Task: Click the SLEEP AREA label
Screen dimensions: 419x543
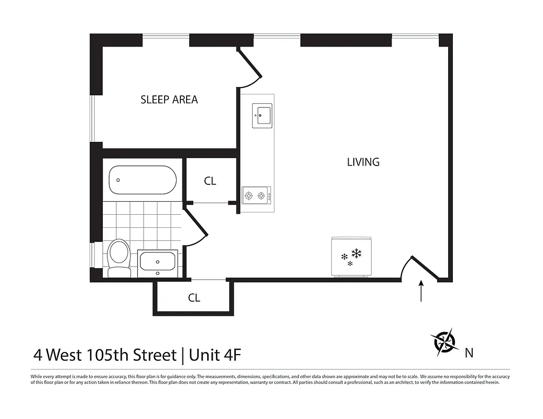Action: [169, 100]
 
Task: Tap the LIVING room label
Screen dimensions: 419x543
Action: [363, 162]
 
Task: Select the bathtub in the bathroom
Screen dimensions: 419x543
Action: [142, 180]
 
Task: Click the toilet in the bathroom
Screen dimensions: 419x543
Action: [118, 257]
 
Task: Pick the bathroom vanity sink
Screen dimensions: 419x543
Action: [157, 263]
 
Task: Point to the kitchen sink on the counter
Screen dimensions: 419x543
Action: [262, 115]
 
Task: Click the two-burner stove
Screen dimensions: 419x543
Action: [256, 196]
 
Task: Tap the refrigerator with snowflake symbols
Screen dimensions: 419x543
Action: [351, 256]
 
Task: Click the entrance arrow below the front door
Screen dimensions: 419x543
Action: [421, 291]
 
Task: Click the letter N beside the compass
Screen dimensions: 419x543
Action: [469, 353]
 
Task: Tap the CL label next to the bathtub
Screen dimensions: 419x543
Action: [210, 181]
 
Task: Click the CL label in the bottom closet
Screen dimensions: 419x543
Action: [194, 298]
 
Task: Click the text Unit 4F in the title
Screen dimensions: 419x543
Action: [215, 355]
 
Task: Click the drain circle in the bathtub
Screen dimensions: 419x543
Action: [118, 180]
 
